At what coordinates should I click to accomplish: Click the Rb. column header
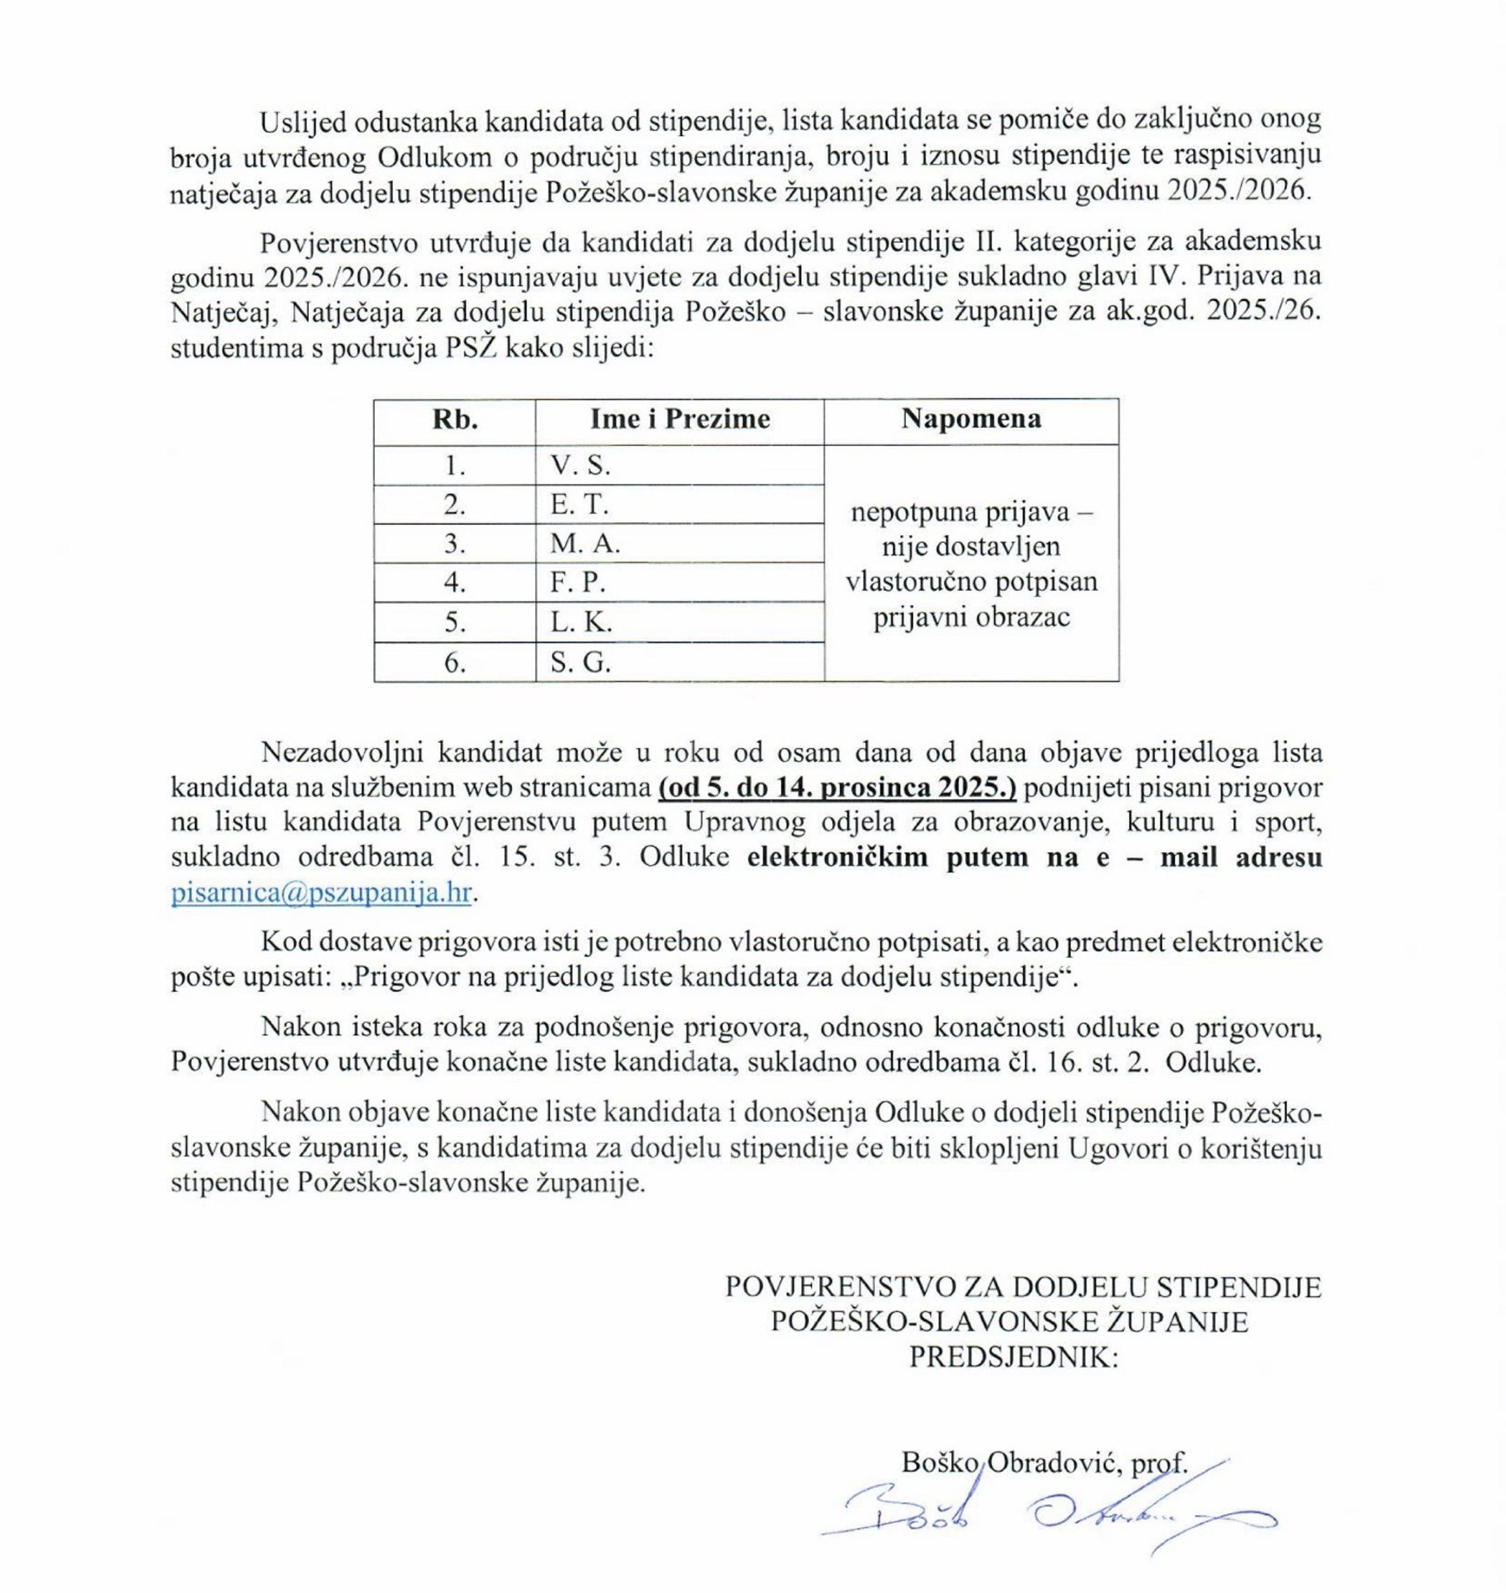pyautogui.click(x=455, y=419)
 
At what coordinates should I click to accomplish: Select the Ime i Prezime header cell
pyautogui.click(x=679, y=419)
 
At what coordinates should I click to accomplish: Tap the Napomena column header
pyautogui.click(x=971, y=419)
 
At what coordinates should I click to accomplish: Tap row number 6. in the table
pyautogui.click(x=455, y=663)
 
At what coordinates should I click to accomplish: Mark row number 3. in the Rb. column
pyautogui.click(x=455, y=544)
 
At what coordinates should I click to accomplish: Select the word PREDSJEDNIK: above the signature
pyautogui.click(x=1012, y=1356)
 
